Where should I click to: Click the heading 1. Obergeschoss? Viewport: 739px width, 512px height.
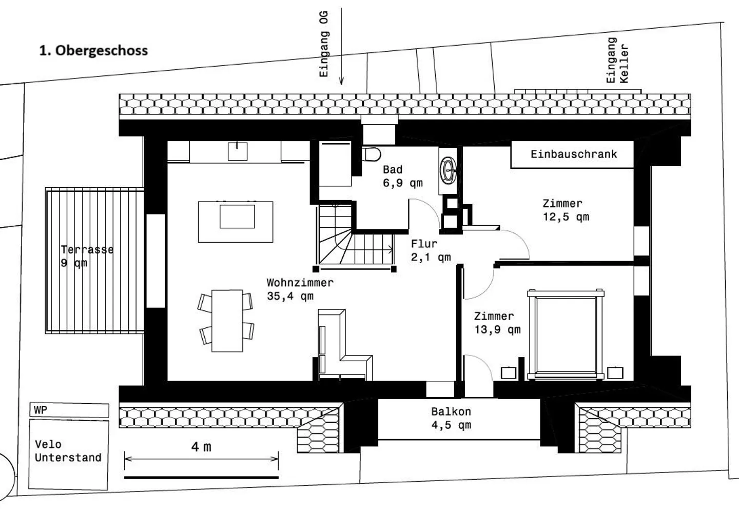point(93,50)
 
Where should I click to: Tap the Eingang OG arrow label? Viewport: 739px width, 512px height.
point(324,44)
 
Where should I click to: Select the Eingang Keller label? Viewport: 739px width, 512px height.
point(617,60)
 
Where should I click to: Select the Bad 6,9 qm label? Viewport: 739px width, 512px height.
point(402,176)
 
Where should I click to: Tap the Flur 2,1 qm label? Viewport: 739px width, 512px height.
point(430,250)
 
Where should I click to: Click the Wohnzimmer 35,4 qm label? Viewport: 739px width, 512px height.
point(300,289)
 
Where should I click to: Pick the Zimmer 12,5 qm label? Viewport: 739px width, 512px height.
point(566,210)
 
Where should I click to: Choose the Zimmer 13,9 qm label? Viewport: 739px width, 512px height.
point(496,323)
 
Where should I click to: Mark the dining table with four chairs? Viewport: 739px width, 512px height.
point(227,321)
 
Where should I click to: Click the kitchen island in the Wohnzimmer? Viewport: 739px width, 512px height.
point(236,221)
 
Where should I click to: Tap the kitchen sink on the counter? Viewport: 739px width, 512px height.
point(238,151)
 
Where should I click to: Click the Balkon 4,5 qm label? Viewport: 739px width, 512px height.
point(451,418)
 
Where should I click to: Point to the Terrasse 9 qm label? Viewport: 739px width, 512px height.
point(86,256)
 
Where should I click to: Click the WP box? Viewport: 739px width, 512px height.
point(69,410)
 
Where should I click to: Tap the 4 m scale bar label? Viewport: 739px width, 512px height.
point(201,447)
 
